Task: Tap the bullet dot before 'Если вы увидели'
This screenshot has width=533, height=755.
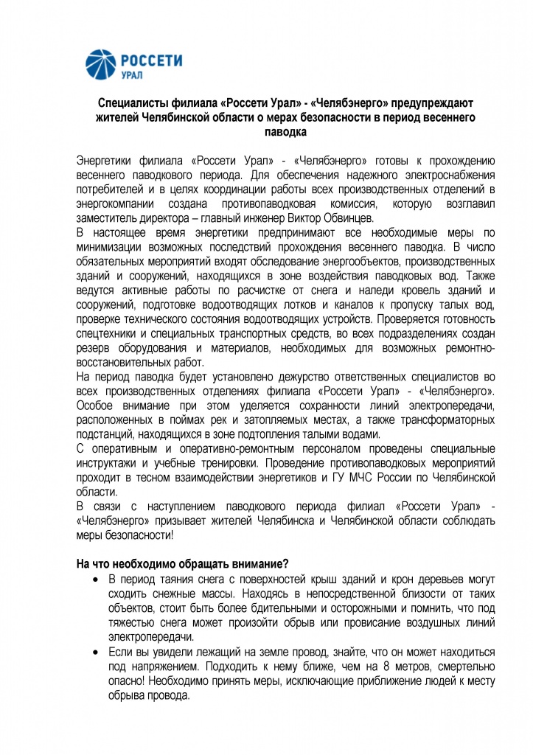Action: point(96,655)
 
